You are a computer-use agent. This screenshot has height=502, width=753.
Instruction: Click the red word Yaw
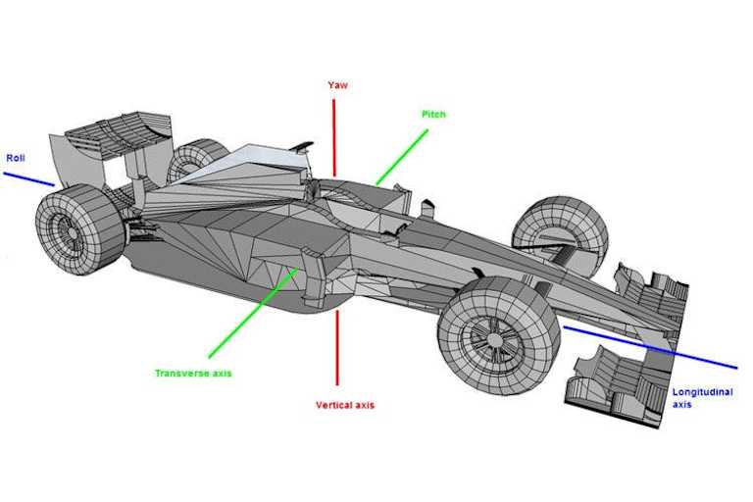(337, 85)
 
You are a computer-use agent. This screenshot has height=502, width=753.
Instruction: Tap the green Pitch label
(433, 115)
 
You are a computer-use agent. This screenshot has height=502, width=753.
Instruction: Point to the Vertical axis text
(344, 405)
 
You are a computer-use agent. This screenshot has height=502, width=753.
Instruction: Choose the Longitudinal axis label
(695, 398)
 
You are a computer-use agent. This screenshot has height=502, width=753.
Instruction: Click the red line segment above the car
(334, 137)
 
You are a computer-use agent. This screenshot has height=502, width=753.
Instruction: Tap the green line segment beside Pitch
(402, 156)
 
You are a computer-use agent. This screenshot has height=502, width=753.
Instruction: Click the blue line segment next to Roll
(29, 178)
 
